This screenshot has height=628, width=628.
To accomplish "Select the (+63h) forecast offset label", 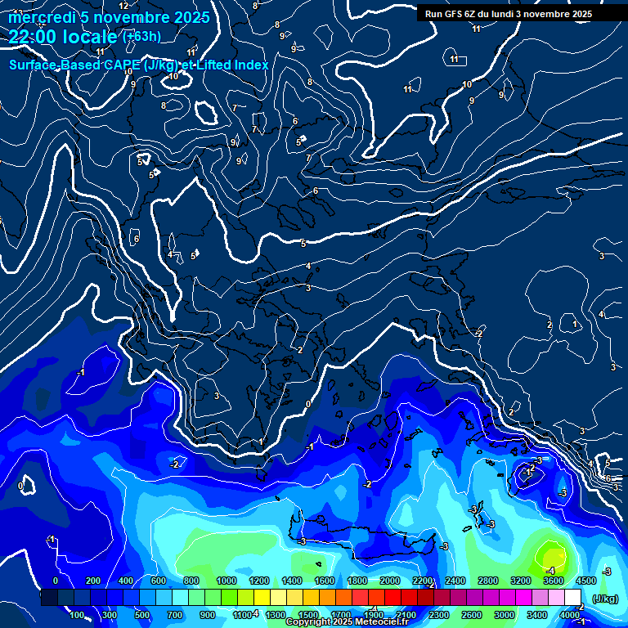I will click(141, 37).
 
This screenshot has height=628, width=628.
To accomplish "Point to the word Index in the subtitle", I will click(250, 65).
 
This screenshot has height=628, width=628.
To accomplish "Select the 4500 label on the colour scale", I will click(585, 581).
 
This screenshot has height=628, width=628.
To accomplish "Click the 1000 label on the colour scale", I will click(227, 581).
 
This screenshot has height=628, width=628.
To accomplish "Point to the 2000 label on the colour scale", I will click(389, 581).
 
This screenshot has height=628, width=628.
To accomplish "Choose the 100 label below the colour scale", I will click(78, 615).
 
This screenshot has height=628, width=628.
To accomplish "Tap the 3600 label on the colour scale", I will click(553, 581).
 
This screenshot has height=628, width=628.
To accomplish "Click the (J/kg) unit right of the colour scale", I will click(604, 599).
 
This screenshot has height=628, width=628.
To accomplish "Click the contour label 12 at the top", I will click(123, 6).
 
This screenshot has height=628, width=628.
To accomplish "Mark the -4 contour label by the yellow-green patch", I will click(550, 571).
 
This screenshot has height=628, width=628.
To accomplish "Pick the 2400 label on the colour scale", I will click(455, 581).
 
